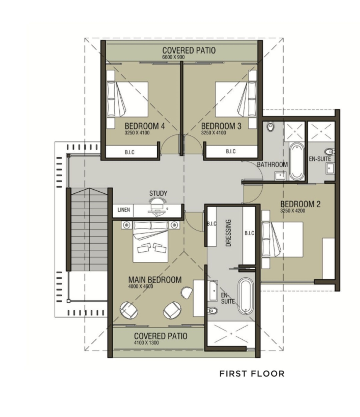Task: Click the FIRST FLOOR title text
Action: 252,374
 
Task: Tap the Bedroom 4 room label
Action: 145,126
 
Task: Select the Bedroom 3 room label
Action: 221,126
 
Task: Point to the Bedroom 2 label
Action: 300,204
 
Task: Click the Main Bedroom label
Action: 155,280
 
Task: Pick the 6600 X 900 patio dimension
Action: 173,57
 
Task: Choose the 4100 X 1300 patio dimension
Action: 146,343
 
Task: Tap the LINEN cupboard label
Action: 124,210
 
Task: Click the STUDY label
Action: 158,193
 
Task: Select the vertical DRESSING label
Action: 228,233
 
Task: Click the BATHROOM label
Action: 272,164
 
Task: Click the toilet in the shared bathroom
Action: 270,126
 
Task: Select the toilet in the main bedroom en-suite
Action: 213,310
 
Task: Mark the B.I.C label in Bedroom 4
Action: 130,152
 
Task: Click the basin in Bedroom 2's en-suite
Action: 330,168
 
